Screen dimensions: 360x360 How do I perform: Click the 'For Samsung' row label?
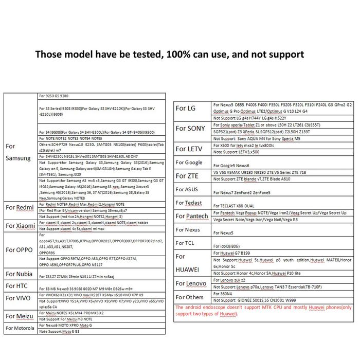(x=17, y=152)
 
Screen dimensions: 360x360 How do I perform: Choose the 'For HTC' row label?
(x=17, y=285)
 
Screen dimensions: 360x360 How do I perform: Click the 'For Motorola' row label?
(x=20, y=328)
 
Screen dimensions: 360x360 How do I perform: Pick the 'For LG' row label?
(x=186, y=108)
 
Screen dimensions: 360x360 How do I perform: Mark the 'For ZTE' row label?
(x=186, y=175)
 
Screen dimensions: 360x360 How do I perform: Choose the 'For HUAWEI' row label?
(x=188, y=262)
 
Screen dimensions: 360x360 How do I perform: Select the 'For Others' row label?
(x=189, y=297)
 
